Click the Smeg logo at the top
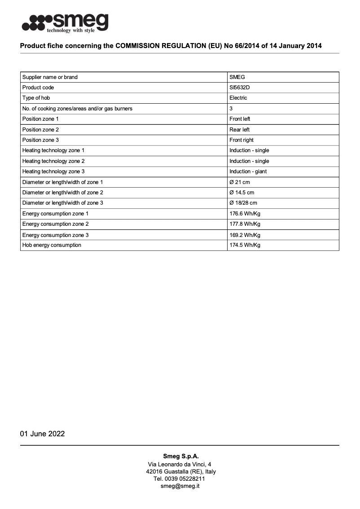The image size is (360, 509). point(66,23)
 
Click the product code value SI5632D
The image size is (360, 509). point(239,88)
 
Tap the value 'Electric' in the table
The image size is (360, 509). point(238,98)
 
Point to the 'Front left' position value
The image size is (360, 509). point(240,119)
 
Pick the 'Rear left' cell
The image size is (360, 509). point(239,130)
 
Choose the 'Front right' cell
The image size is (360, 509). point(241,140)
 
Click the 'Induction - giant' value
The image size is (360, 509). point(248,171)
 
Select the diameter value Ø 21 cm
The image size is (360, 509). point(240,182)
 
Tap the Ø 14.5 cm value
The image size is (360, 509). point(241,193)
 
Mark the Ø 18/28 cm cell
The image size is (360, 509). point(243,203)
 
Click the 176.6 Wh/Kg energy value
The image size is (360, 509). point(245,214)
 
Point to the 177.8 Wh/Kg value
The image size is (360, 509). point(245,224)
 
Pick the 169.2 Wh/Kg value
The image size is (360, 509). point(245,235)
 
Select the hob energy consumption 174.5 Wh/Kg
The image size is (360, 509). point(245,245)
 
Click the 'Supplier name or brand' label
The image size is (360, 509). point(50,77)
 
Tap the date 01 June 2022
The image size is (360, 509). point(42,434)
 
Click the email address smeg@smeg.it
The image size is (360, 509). point(180,486)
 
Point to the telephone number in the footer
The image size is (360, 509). point(180,479)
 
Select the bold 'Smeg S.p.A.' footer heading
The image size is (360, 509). point(180,456)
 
